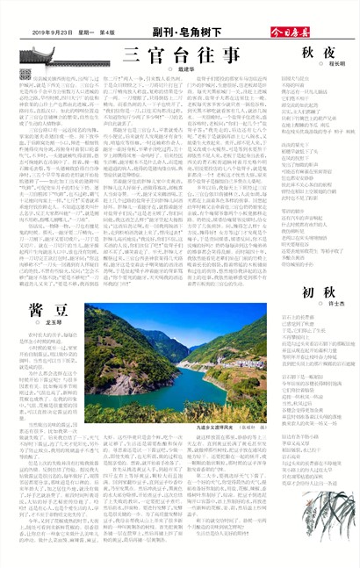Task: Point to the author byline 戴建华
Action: (205, 68)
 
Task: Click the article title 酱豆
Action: (45, 309)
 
